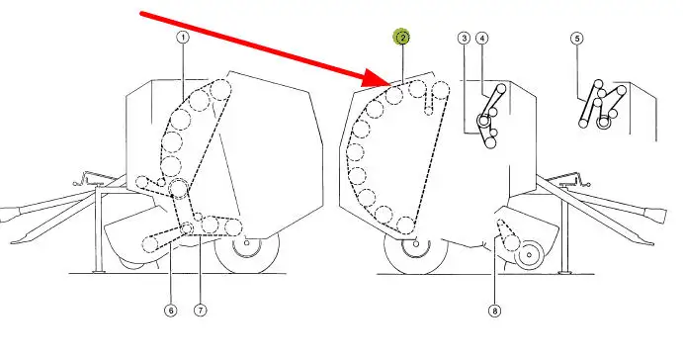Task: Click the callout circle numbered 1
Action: click(183, 38)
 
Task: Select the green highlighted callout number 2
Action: click(402, 38)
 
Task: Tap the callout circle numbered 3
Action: click(465, 39)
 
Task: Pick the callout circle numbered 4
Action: click(481, 39)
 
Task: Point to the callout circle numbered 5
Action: click(577, 39)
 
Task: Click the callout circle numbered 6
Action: click(171, 311)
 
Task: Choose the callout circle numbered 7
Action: click(200, 311)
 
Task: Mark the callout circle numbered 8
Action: click(494, 311)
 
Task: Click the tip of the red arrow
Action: click(390, 84)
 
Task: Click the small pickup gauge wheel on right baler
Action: click(529, 254)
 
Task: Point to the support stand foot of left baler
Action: click(99, 272)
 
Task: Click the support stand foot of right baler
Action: click(565, 272)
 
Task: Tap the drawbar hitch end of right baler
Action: click(656, 216)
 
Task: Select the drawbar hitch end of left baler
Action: click(9, 215)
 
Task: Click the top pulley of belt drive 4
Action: click(501, 89)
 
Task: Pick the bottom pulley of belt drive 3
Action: click(490, 142)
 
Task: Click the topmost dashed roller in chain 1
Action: click(220, 90)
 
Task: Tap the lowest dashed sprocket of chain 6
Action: click(150, 243)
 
